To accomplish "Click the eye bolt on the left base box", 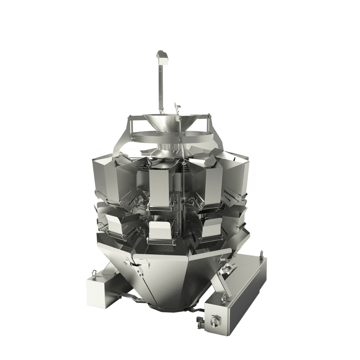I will [x=93, y=273].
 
